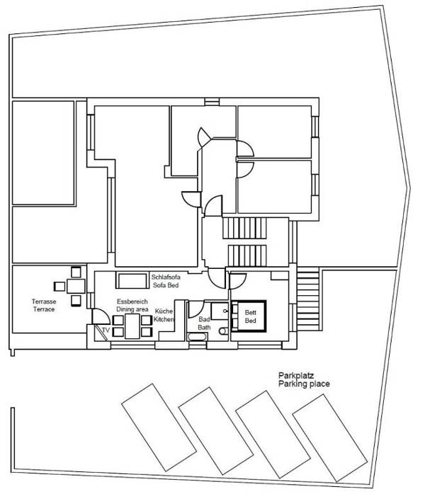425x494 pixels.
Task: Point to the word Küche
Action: [164, 311]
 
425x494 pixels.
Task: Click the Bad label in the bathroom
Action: [204, 319]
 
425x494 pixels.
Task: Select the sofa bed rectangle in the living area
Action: [132, 281]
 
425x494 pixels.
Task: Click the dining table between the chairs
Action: [133, 326]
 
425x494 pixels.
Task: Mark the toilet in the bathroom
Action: [224, 331]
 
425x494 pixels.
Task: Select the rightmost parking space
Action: [328, 435]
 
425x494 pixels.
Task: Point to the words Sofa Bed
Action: [165, 285]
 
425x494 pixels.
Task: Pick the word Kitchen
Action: [164, 320]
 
